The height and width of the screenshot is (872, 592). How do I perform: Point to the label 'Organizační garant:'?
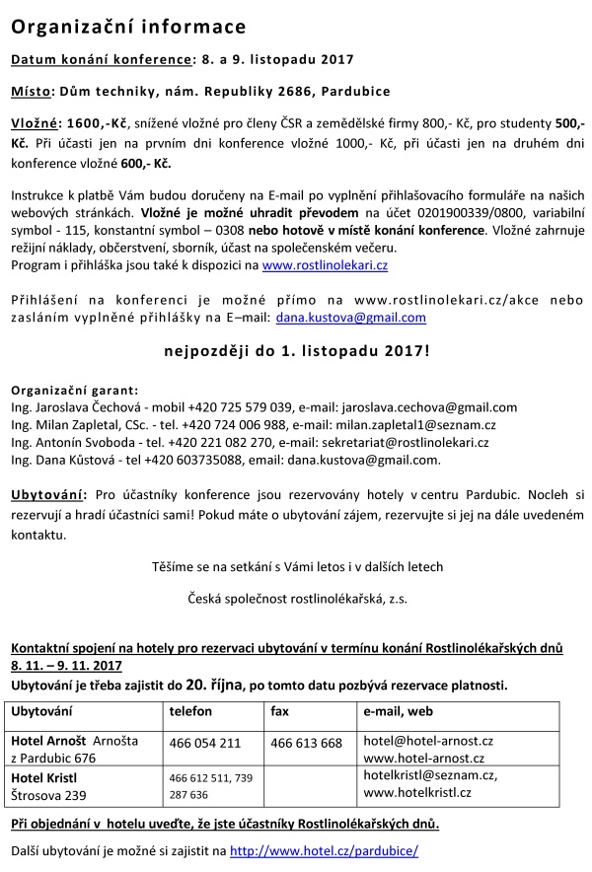[x=74, y=391]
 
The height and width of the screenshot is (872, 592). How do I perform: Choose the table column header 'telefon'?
[x=190, y=710]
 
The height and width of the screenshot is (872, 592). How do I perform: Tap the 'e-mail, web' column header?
[x=401, y=710]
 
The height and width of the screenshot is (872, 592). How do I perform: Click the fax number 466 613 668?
[x=306, y=742]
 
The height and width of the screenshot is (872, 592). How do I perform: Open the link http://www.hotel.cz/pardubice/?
[x=324, y=850]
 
